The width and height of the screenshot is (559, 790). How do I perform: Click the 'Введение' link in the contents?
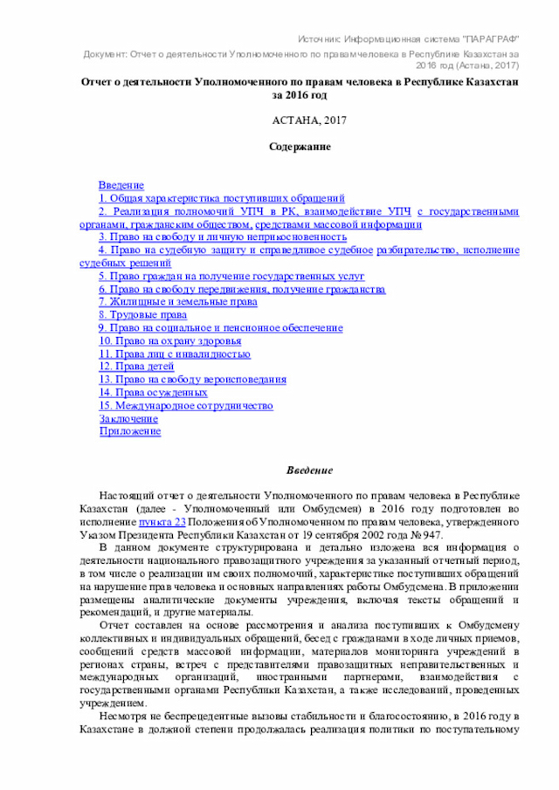(x=121, y=186)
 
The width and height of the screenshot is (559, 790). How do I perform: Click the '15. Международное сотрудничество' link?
(x=185, y=406)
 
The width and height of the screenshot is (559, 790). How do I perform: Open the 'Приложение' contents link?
(x=129, y=431)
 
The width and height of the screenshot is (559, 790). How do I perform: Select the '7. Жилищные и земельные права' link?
(x=177, y=302)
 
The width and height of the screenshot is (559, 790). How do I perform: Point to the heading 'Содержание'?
(x=299, y=148)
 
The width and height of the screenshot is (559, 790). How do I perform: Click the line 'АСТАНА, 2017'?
(x=298, y=120)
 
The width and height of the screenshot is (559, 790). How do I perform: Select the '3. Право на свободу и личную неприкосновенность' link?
(x=223, y=237)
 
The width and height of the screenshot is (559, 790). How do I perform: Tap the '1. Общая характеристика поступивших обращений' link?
(x=221, y=199)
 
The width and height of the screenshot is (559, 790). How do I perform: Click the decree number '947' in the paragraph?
(x=431, y=535)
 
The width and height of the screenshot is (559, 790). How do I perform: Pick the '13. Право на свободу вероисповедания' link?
(x=192, y=380)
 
